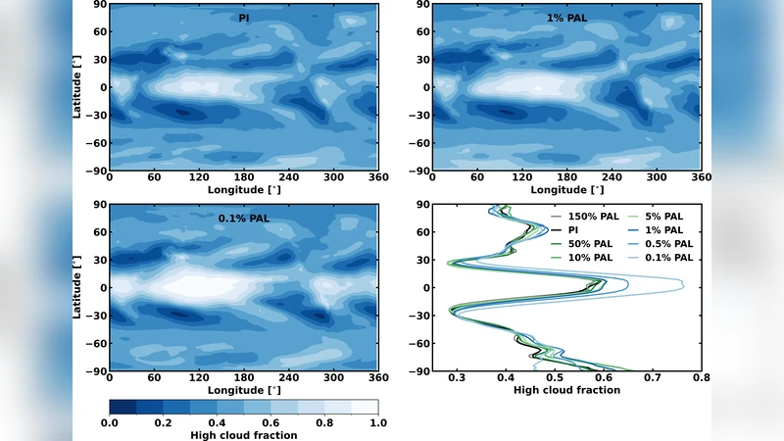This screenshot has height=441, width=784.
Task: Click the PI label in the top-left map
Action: pos(242,18)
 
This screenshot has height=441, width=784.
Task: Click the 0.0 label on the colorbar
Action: pos(110,422)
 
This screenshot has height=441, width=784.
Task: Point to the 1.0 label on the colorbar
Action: pos(378,422)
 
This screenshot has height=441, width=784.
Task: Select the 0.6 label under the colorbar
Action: pos(270,422)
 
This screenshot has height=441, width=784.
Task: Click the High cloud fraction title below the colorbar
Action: pos(243,435)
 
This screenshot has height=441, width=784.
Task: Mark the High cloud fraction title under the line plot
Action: pos(566,390)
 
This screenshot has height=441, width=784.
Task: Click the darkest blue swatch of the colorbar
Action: pos(122,407)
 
